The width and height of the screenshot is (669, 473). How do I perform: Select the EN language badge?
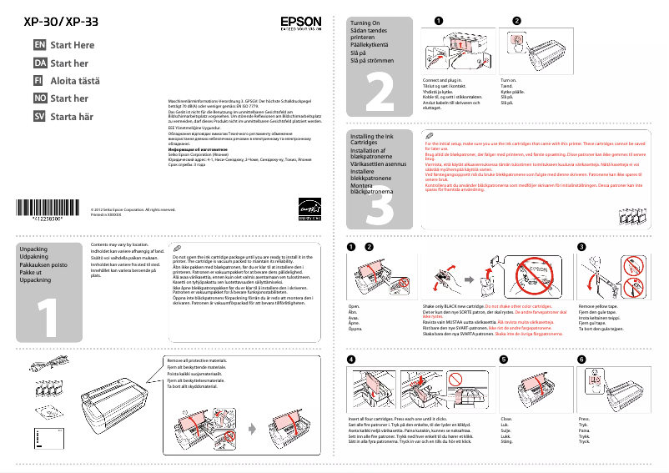click(x=38, y=45)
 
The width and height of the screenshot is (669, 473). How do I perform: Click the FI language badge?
click(x=38, y=81)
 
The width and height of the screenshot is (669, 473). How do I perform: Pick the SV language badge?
click(x=38, y=117)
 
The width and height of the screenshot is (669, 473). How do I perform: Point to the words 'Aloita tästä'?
click(x=75, y=81)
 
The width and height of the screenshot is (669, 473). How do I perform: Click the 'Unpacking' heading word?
click(x=33, y=249)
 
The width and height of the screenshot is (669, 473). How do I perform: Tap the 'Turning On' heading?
click(x=366, y=23)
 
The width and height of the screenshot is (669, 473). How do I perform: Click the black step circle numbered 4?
click(x=351, y=359)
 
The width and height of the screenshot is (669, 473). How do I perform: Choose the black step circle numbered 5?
click(x=503, y=359)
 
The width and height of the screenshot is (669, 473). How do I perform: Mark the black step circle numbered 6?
click(x=581, y=359)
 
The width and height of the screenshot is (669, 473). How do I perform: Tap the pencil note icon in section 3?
click(x=430, y=135)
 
